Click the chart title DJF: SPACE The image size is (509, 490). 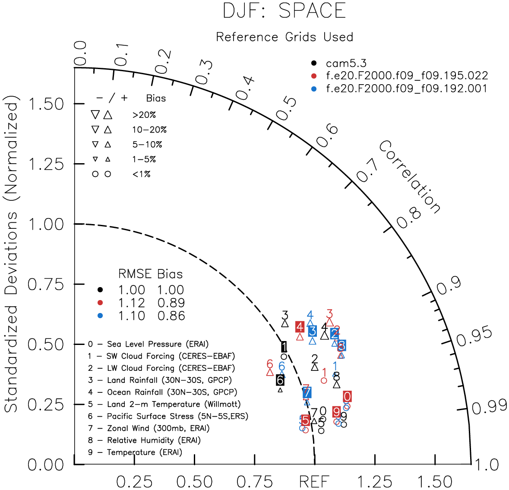click(x=284, y=11)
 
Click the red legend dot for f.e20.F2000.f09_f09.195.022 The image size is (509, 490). click(x=314, y=76)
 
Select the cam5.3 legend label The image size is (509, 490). click(x=346, y=63)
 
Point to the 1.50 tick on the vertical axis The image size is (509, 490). click(x=46, y=104)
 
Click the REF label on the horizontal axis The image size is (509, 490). click(x=314, y=481)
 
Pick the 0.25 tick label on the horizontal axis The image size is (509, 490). click(x=135, y=481)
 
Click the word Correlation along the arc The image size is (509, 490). click(x=410, y=177)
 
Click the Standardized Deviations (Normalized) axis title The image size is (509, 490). click(x=12, y=257)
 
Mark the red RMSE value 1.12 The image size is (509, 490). click(x=132, y=303)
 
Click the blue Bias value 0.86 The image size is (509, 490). click(x=171, y=316)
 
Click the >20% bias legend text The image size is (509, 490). click(x=144, y=115)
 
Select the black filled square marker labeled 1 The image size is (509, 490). click(x=284, y=347)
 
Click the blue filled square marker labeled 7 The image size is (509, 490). click(x=307, y=392)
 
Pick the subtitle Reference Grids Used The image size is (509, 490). click(x=285, y=37)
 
